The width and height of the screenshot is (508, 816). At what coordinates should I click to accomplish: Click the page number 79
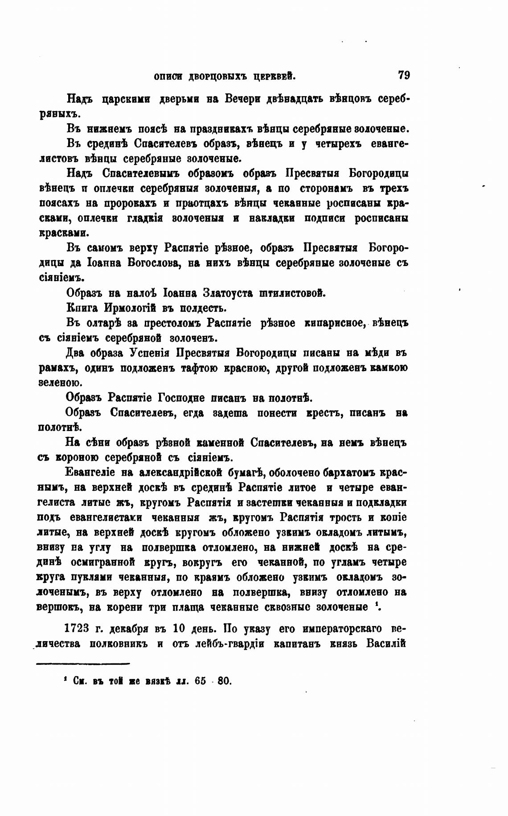[x=404, y=75]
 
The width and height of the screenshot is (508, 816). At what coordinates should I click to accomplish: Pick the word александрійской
[x=181, y=473]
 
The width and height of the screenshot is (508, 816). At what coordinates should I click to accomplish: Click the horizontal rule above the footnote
[x=82, y=664]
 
